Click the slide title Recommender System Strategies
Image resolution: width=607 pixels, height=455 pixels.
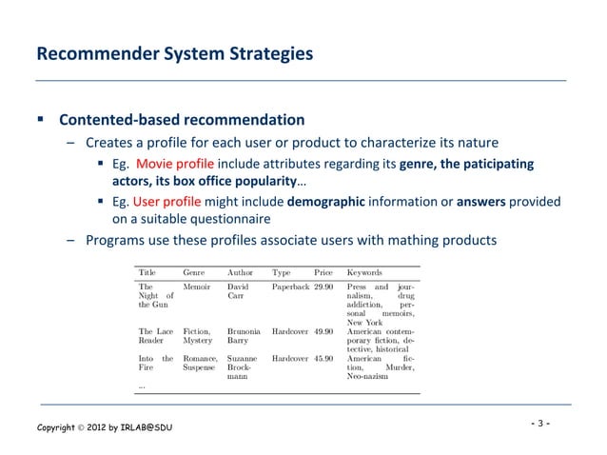click(x=173, y=54)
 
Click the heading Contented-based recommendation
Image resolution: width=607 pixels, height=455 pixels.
click(x=182, y=121)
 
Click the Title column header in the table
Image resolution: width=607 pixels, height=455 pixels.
click(x=147, y=271)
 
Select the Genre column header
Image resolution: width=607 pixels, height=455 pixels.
click(x=196, y=271)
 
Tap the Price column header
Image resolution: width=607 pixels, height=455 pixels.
click(x=323, y=271)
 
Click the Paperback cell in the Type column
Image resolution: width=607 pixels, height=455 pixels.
click(x=290, y=286)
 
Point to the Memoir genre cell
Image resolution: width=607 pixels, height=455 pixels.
click(x=198, y=286)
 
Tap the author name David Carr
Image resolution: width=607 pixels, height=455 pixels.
click(x=239, y=290)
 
